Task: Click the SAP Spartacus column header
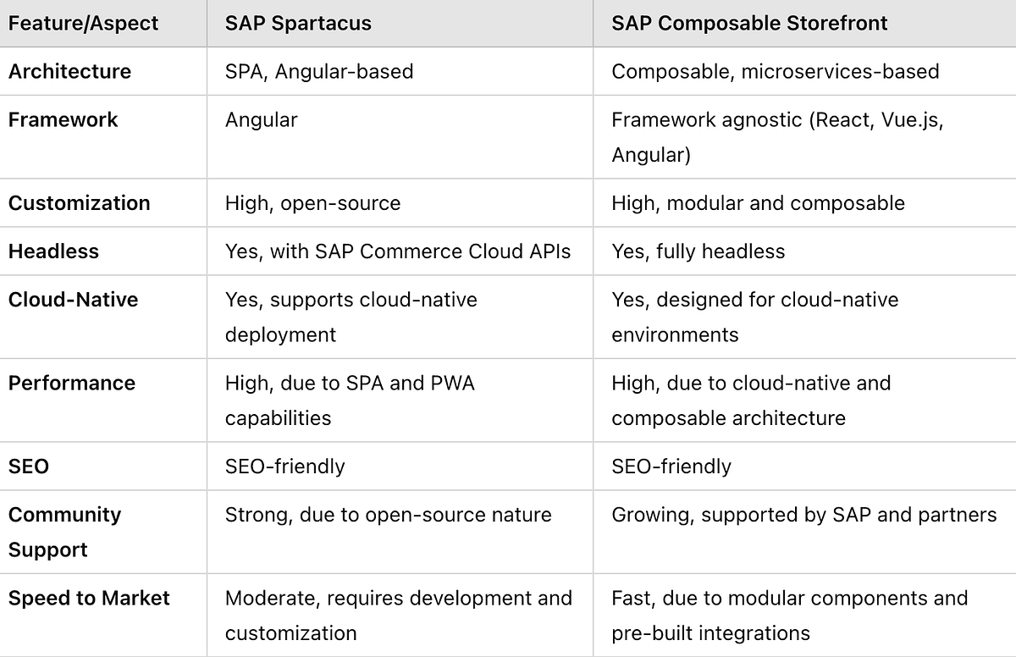(298, 23)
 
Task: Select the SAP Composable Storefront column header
(749, 23)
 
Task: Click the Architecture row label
(69, 71)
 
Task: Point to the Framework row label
(63, 119)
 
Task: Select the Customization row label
(79, 203)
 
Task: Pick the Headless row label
(53, 251)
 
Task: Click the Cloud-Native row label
(73, 300)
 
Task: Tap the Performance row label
(71, 383)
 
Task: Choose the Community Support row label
(64, 532)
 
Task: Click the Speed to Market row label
(89, 598)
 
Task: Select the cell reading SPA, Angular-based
(319, 71)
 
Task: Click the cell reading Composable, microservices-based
(775, 71)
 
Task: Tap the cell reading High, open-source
(312, 203)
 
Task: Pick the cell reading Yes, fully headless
(698, 251)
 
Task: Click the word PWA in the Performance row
(452, 383)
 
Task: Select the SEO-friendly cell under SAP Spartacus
(284, 467)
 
